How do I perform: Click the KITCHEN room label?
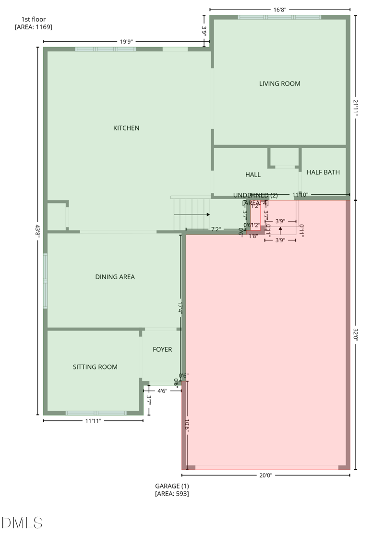pyautogui.click(x=126, y=128)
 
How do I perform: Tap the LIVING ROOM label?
pyautogui.click(x=279, y=83)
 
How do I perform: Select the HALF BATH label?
pyautogui.click(x=323, y=172)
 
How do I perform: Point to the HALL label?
pyautogui.click(x=253, y=175)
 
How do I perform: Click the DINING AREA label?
pyautogui.click(x=115, y=277)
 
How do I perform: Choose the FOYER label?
pyautogui.click(x=162, y=349)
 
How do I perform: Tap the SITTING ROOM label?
pyautogui.click(x=95, y=367)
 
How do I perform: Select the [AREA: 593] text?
pyautogui.click(x=172, y=494)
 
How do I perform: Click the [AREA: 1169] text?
pyautogui.click(x=34, y=27)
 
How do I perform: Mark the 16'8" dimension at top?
pyautogui.click(x=280, y=9)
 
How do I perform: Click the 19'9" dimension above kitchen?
pyautogui.click(x=126, y=42)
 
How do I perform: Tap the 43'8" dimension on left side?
pyautogui.click(x=37, y=230)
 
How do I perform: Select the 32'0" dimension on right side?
pyautogui.click(x=356, y=334)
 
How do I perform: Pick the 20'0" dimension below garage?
pyautogui.click(x=265, y=475)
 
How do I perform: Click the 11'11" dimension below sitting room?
pyautogui.click(x=93, y=421)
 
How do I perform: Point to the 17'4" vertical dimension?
pyautogui.click(x=180, y=308)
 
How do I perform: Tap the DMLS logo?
pyautogui.click(x=22, y=523)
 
